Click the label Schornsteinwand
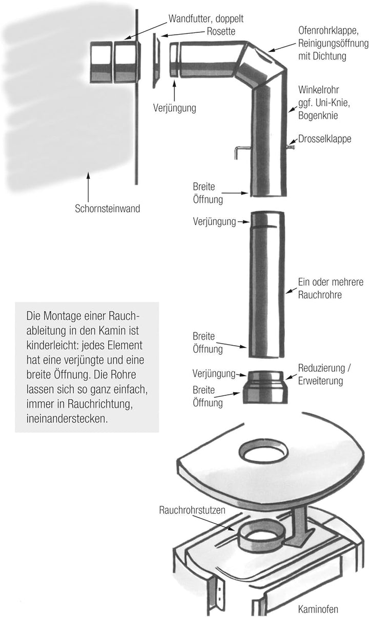(107, 208)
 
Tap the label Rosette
(221, 31)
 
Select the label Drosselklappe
(325, 139)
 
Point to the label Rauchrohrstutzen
(192, 510)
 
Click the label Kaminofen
(318, 609)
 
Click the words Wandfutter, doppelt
(206, 19)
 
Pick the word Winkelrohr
(319, 90)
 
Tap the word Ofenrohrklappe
(329, 31)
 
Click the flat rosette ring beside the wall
(156, 60)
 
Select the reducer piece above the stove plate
(265, 387)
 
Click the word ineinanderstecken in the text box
(67, 419)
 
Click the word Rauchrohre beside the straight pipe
(320, 295)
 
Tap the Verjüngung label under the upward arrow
(175, 108)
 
